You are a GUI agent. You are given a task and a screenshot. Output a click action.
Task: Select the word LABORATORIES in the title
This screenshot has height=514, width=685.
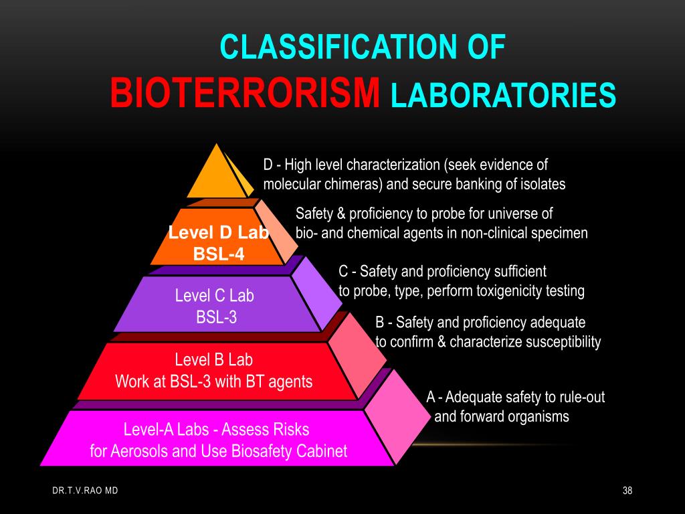pyautogui.click(x=503, y=94)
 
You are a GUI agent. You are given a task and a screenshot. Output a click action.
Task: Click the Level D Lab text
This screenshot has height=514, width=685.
pyautogui.click(x=218, y=233)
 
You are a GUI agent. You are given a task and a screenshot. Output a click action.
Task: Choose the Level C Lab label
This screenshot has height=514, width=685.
pyautogui.click(x=214, y=295)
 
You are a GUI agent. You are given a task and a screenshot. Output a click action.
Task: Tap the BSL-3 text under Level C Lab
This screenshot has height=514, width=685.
pyautogui.click(x=216, y=317)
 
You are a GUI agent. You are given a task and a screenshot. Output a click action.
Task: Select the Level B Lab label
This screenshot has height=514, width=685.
pyautogui.click(x=214, y=359)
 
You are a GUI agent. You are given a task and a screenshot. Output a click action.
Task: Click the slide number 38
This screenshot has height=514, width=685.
pyautogui.click(x=627, y=491)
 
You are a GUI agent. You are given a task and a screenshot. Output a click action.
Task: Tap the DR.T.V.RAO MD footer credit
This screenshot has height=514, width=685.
pyautogui.click(x=85, y=491)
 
